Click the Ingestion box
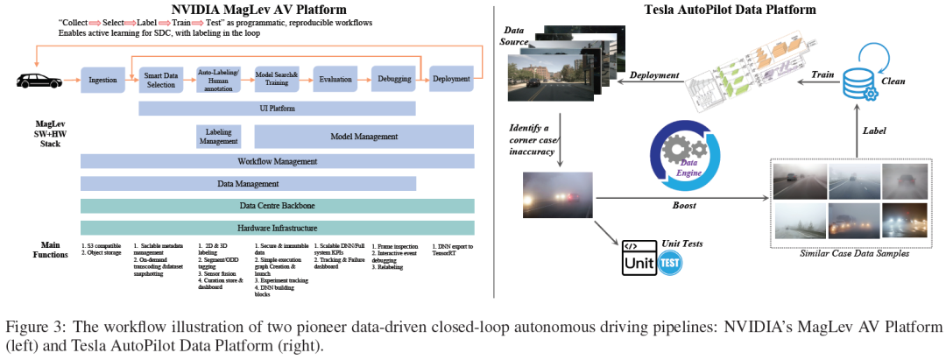click(102, 80)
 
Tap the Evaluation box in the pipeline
click(335, 80)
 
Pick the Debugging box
click(394, 80)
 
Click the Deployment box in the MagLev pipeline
click(451, 80)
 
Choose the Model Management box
click(364, 136)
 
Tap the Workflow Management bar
click(277, 161)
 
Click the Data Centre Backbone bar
click(277, 206)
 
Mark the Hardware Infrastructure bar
click(277, 228)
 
